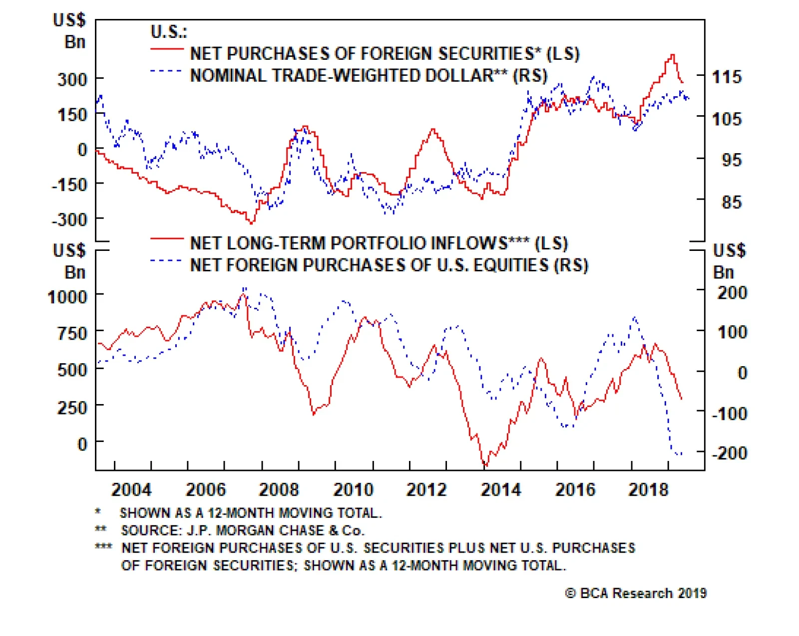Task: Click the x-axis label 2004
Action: (x=131, y=489)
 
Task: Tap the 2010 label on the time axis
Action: (x=353, y=489)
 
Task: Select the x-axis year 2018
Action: (x=648, y=489)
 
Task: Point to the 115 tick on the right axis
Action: (x=727, y=77)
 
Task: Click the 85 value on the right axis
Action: (x=731, y=202)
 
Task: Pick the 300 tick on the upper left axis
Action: (x=72, y=79)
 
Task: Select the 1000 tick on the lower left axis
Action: (x=67, y=297)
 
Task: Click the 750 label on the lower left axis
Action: (x=72, y=333)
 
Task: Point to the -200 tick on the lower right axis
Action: (x=729, y=453)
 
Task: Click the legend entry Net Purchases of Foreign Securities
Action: (x=385, y=53)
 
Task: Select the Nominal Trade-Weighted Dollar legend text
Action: (x=369, y=75)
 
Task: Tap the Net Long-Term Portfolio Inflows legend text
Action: (x=379, y=243)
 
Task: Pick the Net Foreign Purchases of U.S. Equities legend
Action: (x=389, y=265)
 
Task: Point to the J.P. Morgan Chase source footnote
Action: (x=243, y=530)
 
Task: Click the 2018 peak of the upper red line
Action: (x=672, y=55)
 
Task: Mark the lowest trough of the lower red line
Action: (x=485, y=465)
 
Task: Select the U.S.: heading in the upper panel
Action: (x=169, y=32)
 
